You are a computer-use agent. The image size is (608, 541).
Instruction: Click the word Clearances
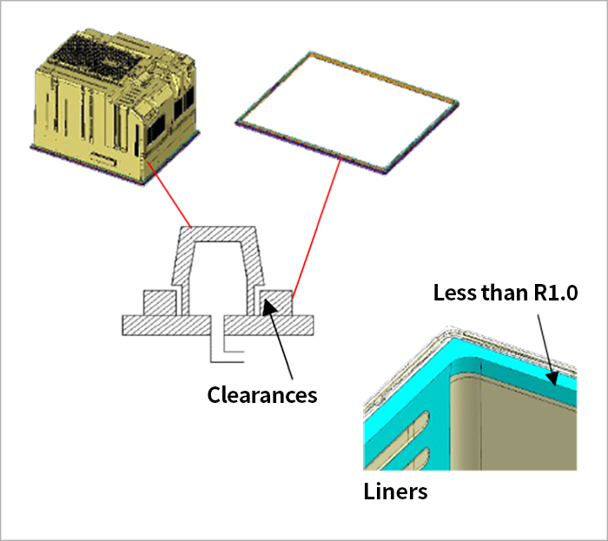pyautogui.click(x=262, y=395)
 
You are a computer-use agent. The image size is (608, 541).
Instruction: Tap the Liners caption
pyautogui.click(x=395, y=492)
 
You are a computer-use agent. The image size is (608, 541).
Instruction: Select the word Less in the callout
pyautogui.click(x=455, y=293)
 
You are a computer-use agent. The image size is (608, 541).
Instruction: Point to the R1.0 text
pyautogui.click(x=556, y=293)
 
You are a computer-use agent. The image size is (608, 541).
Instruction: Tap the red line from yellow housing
pyautogui.click(x=169, y=195)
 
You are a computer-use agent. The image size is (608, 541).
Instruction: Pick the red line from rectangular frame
pyautogui.click(x=317, y=228)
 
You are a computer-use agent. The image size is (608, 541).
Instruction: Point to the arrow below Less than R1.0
pyautogui.click(x=547, y=350)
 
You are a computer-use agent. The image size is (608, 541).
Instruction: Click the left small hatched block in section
pyautogui.click(x=159, y=303)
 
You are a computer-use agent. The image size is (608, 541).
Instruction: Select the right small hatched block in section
pyautogui.click(x=276, y=303)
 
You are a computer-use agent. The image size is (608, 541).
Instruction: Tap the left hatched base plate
pyautogui.click(x=167, y=325)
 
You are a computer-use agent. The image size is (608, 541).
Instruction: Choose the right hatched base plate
pyautogui.click(x=268, y=325)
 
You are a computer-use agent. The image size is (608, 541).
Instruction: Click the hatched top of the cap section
pyautogui.click(x=217, y=234)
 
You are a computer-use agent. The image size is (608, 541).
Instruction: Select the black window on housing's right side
pyautogui.click(x=155, y=130)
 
